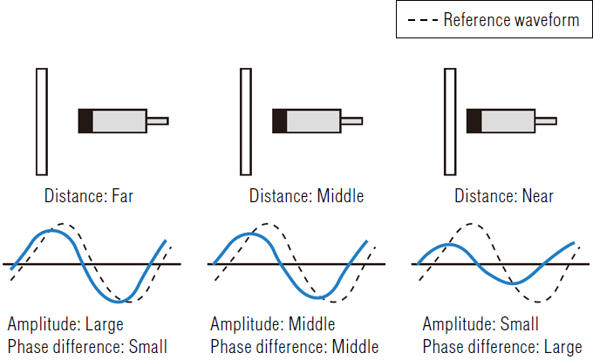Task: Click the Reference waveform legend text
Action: pyautogui.click(x=511, y=20)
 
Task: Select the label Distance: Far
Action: pyautogui.click(x=86, y=195)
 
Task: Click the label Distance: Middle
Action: pyautogui.click(x=306, y=195)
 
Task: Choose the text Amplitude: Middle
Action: pyautogui.click(x=272, y=324)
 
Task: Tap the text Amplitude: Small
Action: pyautogui.click(x=480, y=324)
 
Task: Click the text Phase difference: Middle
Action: pyautogui.click(x=294, y=345)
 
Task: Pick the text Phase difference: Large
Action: pyautogui.click(x=501, y=345)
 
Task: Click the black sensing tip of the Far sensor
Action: pyautogui.click(x=85, y=120)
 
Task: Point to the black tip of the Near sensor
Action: pyautogui.click(x=474, y=120)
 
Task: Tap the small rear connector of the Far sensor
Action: pyautogui.click(x=157, y=120)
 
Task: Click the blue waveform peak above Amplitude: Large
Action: pyautogui.click(x=52, y=231)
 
